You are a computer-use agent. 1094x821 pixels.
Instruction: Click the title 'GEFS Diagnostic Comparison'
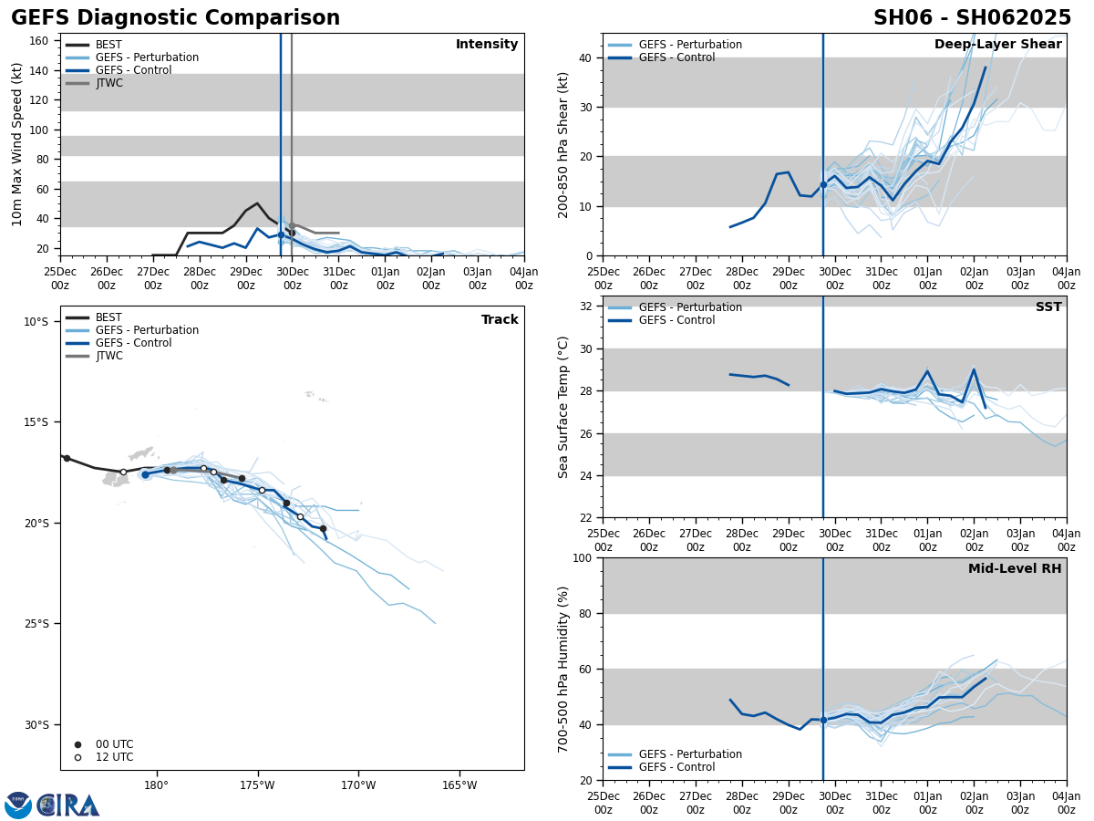coord(175,18)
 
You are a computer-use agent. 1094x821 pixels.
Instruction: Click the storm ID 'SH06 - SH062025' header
coord(972,18)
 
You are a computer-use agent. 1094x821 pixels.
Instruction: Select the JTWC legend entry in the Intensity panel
coord(108,83)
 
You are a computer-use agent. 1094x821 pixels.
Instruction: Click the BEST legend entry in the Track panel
coord(108,317)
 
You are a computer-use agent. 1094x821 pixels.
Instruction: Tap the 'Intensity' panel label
coord(486,45)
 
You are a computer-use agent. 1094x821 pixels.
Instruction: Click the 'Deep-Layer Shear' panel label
coord(997,45)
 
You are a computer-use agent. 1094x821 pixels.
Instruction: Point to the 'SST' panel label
coord(1048,307)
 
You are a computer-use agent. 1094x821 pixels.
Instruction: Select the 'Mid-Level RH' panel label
coord(1014,569)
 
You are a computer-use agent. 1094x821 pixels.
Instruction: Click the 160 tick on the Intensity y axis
coord(40,41)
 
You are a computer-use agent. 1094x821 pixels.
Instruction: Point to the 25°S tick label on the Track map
coord(36,624)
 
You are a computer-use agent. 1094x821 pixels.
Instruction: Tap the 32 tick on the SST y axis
coord(584,307)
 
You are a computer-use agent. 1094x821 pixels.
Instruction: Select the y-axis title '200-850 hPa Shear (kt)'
coord(564,145)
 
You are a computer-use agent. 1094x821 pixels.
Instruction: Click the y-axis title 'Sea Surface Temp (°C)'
coord(564,407)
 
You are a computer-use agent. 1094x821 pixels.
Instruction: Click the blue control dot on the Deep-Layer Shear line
coord(823,184)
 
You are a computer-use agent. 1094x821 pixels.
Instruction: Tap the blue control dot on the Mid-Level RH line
coord(823,720)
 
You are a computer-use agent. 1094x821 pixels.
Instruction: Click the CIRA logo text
coord(68,805)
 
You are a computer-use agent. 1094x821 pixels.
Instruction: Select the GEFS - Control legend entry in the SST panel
coord(676,320)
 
